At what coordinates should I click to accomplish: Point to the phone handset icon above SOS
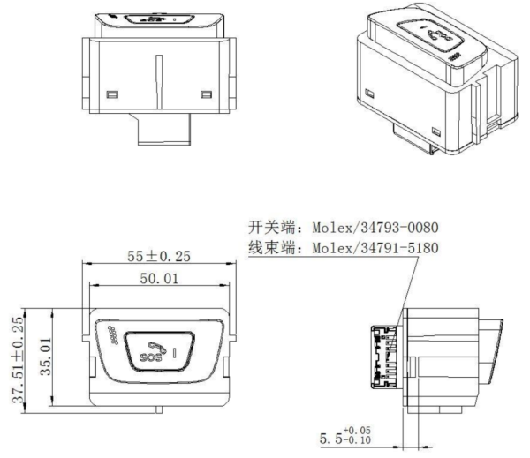point(161,343)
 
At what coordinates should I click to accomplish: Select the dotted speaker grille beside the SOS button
point(114,334)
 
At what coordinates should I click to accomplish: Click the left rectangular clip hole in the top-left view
point(111,94)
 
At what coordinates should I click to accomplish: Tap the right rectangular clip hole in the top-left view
point(207,94)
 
